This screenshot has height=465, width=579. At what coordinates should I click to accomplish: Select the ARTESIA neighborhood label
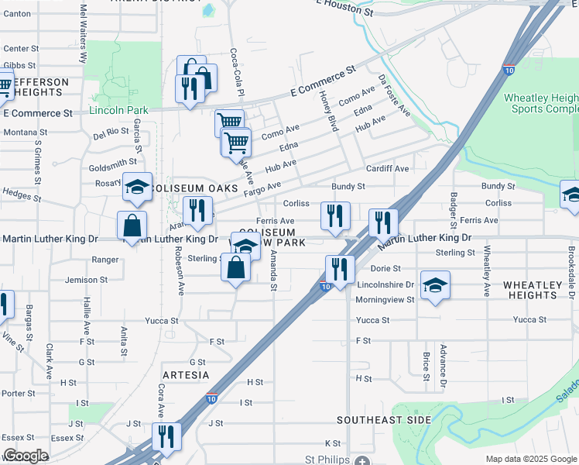click(185, 374)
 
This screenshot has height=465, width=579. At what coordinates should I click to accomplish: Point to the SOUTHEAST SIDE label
click(383, 419)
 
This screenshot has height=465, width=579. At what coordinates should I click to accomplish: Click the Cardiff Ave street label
click(387, 168)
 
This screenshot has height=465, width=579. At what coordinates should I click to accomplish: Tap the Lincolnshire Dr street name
click(385, 285)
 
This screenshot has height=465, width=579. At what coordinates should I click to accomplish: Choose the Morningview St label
click(385, 299)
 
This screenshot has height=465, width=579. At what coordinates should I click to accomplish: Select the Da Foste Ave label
click(394, 95)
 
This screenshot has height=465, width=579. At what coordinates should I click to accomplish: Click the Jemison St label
click(87, 280)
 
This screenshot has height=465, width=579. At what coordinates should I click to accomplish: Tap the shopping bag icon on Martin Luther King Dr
click(132, 226)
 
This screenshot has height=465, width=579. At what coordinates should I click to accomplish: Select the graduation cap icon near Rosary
click(137, 187)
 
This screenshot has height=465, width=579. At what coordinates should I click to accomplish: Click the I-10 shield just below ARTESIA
click(212, 398)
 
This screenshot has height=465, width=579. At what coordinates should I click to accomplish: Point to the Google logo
click(26, 456)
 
